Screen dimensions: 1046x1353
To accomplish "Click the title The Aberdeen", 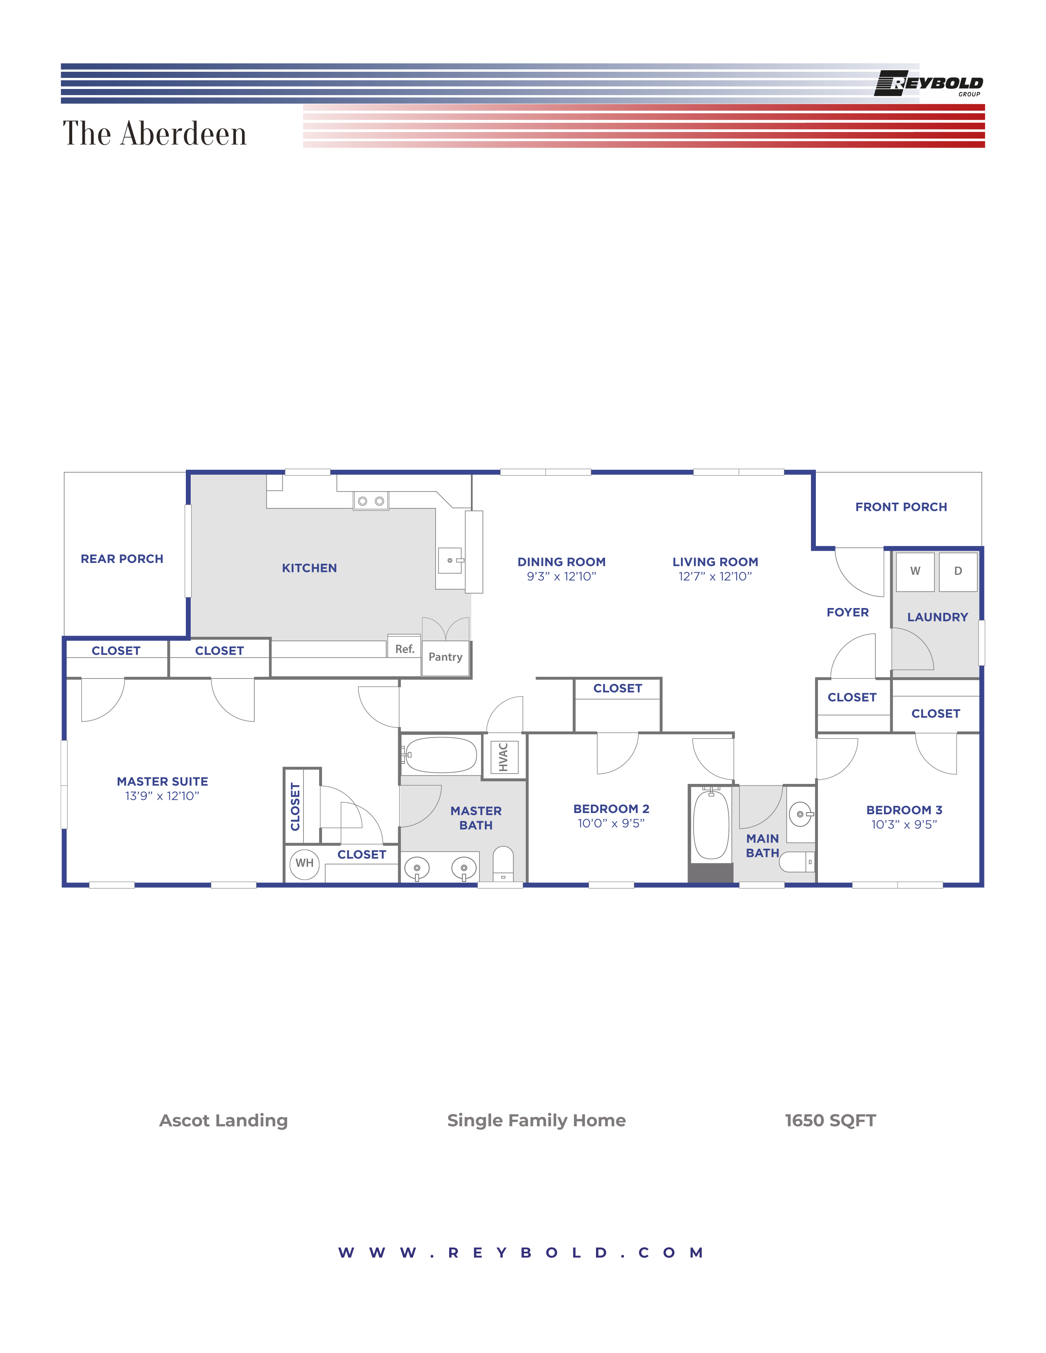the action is tap(155, 133).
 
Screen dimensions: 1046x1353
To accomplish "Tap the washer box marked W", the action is tap(915, 571).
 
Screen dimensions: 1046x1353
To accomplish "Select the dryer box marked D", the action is tap(958, 571).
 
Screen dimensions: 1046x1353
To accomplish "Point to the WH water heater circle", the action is tap(304, 863).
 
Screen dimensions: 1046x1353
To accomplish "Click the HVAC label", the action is tap(503, 756).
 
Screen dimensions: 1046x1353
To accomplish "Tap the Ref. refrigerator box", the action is tap(404, 649).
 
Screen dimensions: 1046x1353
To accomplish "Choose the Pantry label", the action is tap(445, 657).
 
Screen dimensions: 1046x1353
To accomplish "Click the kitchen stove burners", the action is tap(370, 501).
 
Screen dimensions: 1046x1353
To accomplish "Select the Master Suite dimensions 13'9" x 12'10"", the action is tap(162, 796).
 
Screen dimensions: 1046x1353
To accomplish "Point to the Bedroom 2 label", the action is tap(611, 809).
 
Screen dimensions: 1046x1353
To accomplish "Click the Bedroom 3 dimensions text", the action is tap(904, 825).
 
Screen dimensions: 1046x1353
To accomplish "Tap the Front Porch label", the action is tap(901, 507).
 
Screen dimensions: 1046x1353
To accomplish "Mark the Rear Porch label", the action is tap(122, 559).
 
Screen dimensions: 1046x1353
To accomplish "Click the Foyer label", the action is tap(848, 612).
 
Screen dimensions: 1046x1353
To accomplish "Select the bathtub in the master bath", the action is tap(441, 754).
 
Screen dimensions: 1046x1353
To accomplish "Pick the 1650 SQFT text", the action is tap(830, 1121).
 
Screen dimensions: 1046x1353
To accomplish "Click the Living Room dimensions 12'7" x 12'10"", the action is tap(715, 577).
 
